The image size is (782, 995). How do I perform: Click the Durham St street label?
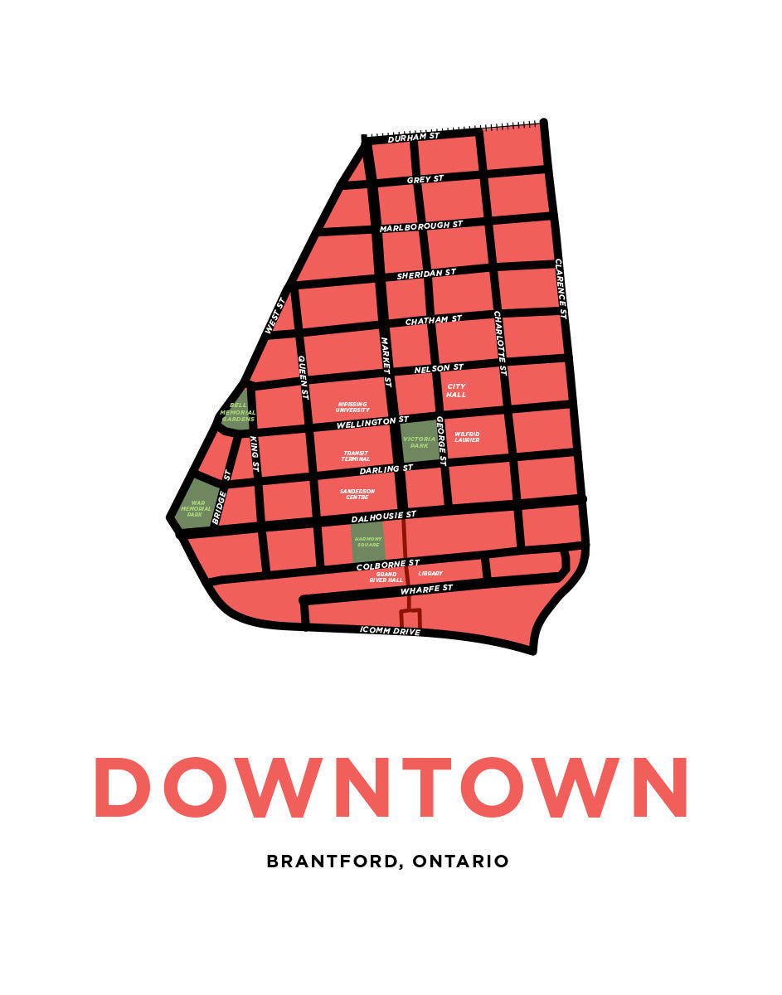(x=413, y=137)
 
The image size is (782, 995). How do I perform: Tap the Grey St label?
(x=425, y=179)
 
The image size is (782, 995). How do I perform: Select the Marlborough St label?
(x=421, y=226)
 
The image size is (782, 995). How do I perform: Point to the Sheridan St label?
(x=426, y=274)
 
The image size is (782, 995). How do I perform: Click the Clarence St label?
(x=560, y=289)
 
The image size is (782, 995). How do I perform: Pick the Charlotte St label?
(x=500, y=343)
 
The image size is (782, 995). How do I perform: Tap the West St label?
(x=274, y=316)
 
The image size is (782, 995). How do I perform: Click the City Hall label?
(x=456, y=391)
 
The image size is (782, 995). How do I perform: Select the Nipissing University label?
(x=353, y=407)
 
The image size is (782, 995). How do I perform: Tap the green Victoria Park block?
(x=419, y=441)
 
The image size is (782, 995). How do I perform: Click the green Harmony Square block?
(x=367, y=542)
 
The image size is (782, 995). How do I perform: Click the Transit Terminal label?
(x=356, y=456)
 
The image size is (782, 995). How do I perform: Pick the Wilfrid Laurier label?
(x=467, y=436)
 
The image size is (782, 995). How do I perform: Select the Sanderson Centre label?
(x=357, y=493)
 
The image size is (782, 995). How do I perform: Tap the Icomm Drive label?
(x=390, y=631)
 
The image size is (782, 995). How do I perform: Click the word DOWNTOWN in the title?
(x=391, y=787)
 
